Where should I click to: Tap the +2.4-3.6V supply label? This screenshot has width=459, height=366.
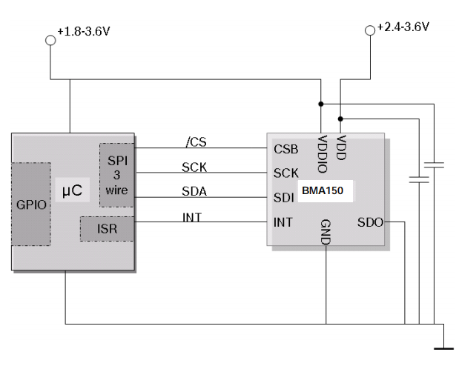pos(403,27)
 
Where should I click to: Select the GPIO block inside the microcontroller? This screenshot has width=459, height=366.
pos(31,204)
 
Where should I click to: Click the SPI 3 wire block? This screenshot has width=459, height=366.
pos(117,175)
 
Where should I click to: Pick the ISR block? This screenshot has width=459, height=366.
pos(108,229)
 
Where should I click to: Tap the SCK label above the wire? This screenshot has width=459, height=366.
pos(194,167)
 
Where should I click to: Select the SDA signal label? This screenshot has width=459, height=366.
pos(194,192)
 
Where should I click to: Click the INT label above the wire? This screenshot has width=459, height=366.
pos(192,217)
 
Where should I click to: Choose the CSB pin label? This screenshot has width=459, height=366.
pos(286,149)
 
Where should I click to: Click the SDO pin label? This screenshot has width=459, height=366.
pos(370,222)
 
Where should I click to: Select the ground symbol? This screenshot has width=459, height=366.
pos(443,342)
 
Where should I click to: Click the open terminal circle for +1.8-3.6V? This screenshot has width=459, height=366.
pos(51,41)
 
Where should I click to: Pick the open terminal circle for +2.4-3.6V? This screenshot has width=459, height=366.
pos(370,30)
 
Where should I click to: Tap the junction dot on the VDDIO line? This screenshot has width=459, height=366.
pos(320,104)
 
